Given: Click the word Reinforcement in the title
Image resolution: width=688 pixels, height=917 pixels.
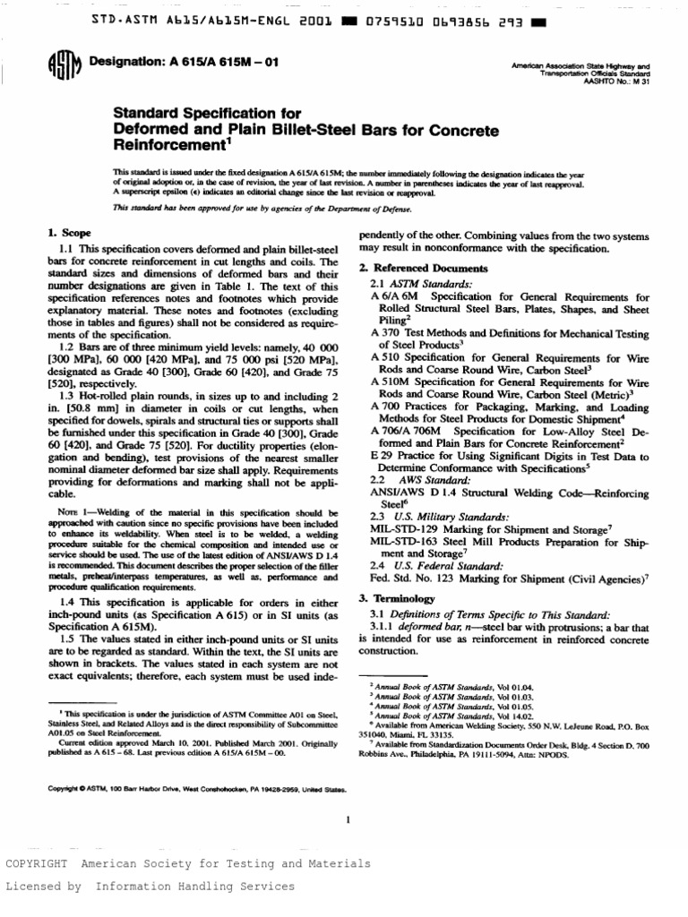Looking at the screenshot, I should click(163, 145).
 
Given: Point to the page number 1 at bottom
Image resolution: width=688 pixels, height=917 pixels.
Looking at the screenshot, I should click(346, 819).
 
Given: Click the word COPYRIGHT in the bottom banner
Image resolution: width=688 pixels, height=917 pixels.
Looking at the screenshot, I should click(38, 864).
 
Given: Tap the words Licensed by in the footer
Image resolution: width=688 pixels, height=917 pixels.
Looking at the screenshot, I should click(43, 886).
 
